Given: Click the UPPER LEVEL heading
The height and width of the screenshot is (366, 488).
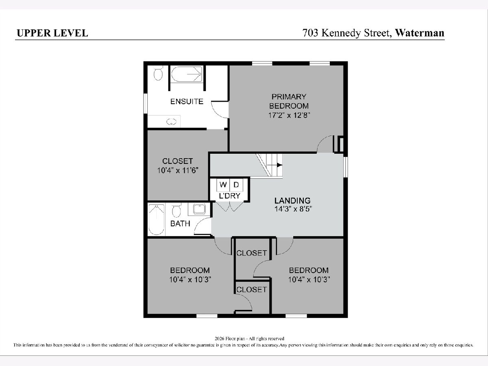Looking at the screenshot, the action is [x=52, y=33].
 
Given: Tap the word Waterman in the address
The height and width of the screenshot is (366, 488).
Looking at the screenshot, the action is [x=420, y=33].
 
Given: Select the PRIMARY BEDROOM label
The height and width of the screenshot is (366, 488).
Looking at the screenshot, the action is [x=289, y=101].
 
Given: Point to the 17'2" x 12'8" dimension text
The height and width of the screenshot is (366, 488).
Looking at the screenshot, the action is [x=289, y=115].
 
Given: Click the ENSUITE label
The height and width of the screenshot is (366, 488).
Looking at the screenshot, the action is [x=187, y=102].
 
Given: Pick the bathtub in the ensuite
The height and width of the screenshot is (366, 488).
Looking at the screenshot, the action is [x=187, y=74].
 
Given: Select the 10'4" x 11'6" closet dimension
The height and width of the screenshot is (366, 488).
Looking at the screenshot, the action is [x=178, y=170].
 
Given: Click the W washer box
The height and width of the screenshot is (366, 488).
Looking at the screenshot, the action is [x=223, y=185].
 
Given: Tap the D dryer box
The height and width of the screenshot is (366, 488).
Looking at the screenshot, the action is [x=236, y=185].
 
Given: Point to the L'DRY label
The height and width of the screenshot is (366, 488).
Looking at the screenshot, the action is [x=230, y=196].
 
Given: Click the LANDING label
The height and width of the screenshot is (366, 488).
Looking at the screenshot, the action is [x=292, y=200].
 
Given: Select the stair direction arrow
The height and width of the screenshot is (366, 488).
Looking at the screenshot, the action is [x=274, y=165].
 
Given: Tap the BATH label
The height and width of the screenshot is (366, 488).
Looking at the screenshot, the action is [x=180, y=223].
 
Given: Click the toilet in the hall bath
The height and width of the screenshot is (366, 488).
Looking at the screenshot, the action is [x=176, y=210].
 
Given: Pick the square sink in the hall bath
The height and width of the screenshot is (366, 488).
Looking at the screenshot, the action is [x=199, y=209].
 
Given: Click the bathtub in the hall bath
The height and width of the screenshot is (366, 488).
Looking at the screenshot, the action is [x=157, y=220].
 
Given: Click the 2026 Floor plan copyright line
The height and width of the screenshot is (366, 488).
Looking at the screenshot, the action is [x=249, y=339].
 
